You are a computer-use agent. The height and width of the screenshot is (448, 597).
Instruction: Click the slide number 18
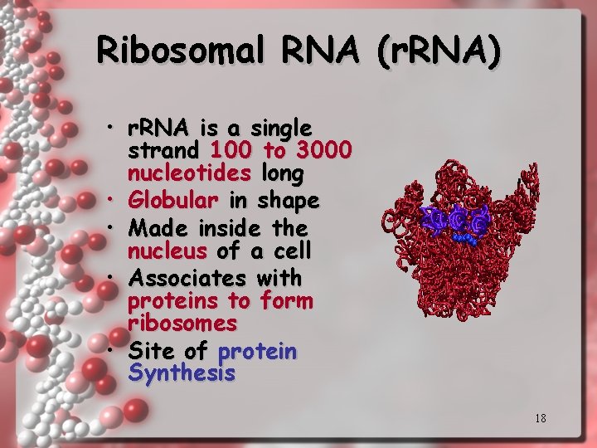tap(540, 418)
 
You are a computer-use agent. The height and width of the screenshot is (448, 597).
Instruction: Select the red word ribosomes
tap(182, 323)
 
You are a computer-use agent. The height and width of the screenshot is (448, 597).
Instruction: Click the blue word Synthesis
tap(182, 373)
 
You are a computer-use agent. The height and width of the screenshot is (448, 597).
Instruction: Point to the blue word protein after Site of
tap(256, 352)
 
